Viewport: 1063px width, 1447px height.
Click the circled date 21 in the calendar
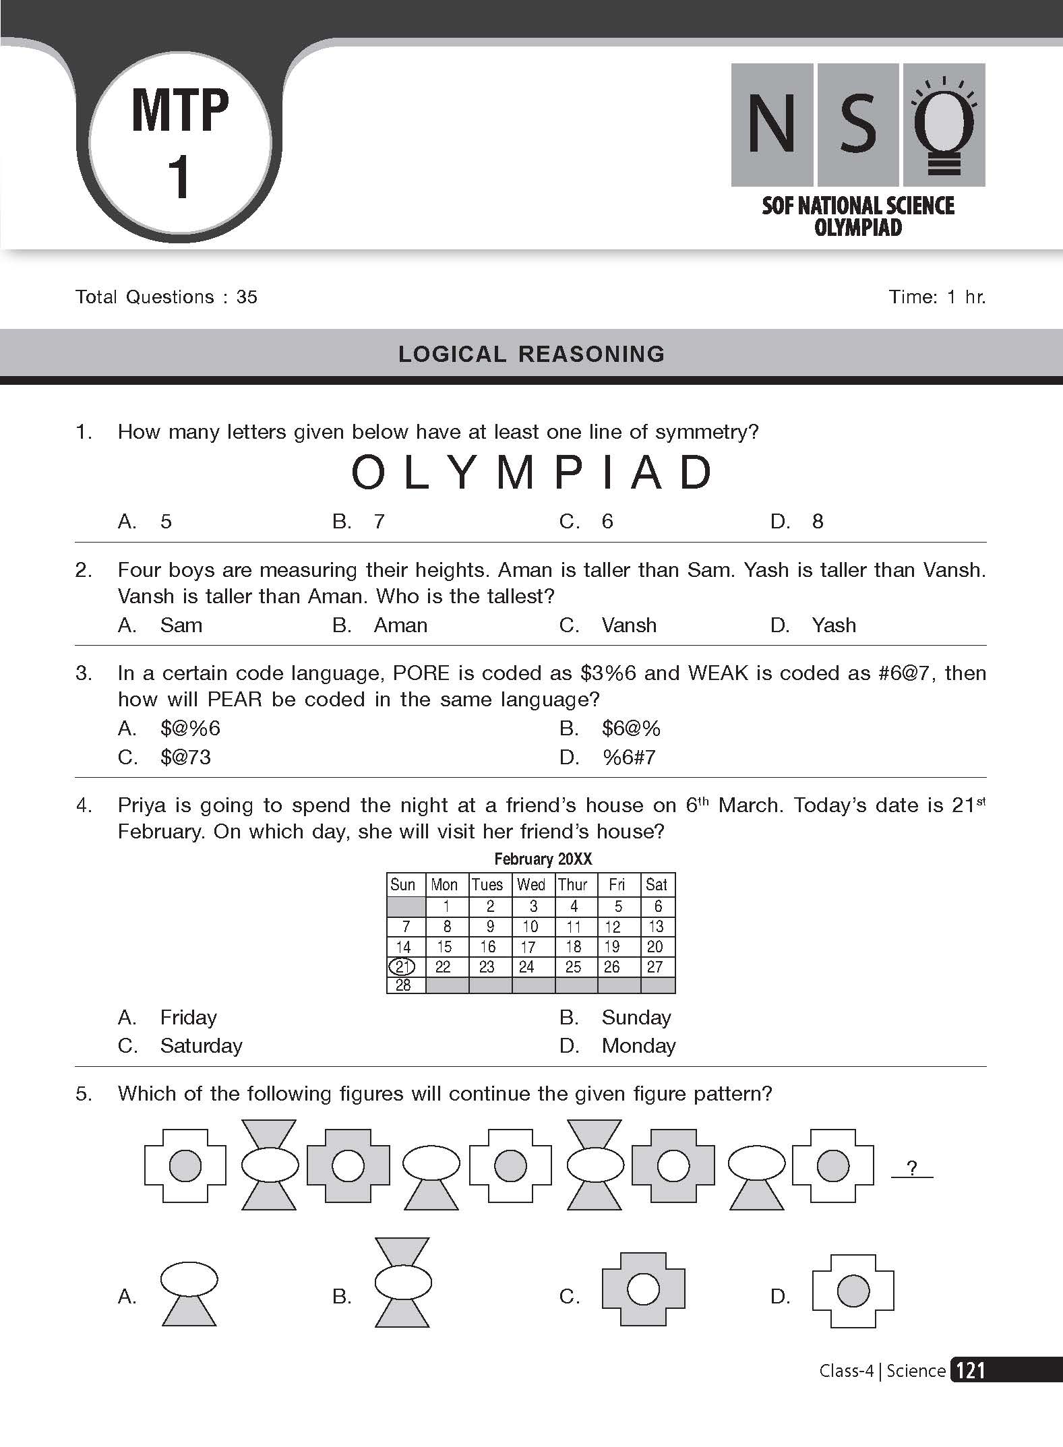click(x=402, y=966)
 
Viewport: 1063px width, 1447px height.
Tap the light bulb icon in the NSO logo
click(x=944, y=125)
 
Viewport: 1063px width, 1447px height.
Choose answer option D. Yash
click(x=833, y=625)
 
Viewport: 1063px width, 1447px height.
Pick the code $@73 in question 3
click(x=185, y=757)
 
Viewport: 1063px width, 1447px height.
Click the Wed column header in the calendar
click(x=530, y=884)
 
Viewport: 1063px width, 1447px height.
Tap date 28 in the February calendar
click(x=403, y=985)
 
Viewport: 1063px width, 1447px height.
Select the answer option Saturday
click(x=201, y=1045)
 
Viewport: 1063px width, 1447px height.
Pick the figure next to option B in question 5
click(x=402, y=1282)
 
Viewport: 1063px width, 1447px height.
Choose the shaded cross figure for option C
click(x=642, y=1289)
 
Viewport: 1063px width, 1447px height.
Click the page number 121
click(x=971, y=1370)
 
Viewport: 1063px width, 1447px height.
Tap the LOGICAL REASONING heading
click(x=531, y=354)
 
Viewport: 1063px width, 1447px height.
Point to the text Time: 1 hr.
click(x=937, y=297)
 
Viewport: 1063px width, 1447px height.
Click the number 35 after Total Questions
click(x=247, y=297)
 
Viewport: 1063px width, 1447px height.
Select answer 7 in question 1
click(x=379, y=521)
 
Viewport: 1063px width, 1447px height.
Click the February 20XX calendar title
click(x=543, y=859)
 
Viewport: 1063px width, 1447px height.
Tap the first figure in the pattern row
click(x=185, y=1166)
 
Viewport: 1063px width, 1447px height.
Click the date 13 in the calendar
click(x=656, y=927)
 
